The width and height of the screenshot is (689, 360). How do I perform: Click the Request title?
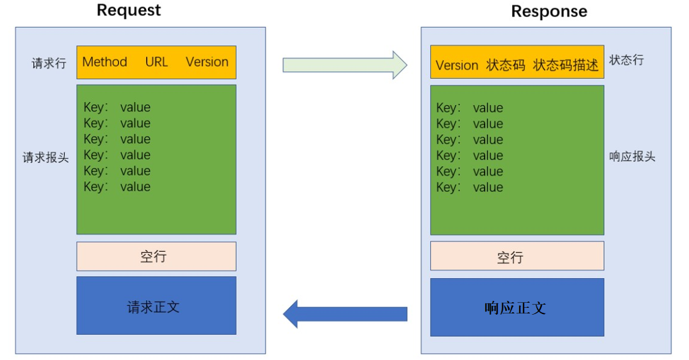pyautogui.click(x=129, y=10)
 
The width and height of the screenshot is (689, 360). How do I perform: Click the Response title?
pyautogui.click(x=549, y=11)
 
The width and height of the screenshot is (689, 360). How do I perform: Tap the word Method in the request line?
pyautogui.click(x=104, y=62)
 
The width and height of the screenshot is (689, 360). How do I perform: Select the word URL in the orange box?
pyautogui.click(x=157, y=62)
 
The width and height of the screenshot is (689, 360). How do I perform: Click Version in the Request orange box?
pyautogui.click(x=207, y=62)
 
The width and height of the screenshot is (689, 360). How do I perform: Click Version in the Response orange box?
pyautogui.click(x=457, y=65)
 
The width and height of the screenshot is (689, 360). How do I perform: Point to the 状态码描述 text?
pyautogui.click(x=566, y=65)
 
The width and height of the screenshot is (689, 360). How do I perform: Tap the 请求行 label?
pyautogui.click(x=49, y=64)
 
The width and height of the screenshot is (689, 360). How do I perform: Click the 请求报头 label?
pyautogui.click(x=46, y=157)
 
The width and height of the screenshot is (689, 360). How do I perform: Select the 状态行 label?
pyautogui.click(x=627, y=60)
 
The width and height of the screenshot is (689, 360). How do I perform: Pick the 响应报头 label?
pyautogui.click(x=632, y=156)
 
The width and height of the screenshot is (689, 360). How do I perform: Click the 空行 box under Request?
pyautogui.click(x=157, y=256)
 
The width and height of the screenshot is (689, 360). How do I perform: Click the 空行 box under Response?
pyautogui.click(x=517, y=256)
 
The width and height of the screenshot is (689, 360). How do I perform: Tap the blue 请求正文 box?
pyautogui.click(x=157, y=305)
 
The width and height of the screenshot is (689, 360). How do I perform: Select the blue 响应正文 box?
pyautogui.click(x=517, y=307)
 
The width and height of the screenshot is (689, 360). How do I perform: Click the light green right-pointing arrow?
pyautogui.click(x=345, y=65)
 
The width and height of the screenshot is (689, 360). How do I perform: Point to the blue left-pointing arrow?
pyautogui.click(x=345, y=314)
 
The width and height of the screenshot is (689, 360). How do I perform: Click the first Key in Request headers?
pyautogui.click(x=94, y=107)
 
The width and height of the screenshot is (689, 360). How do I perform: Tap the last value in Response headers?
pyautogui.click(x=488, y=188)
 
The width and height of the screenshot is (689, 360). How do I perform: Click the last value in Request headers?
pyautogui.click(x=135, y=187)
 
